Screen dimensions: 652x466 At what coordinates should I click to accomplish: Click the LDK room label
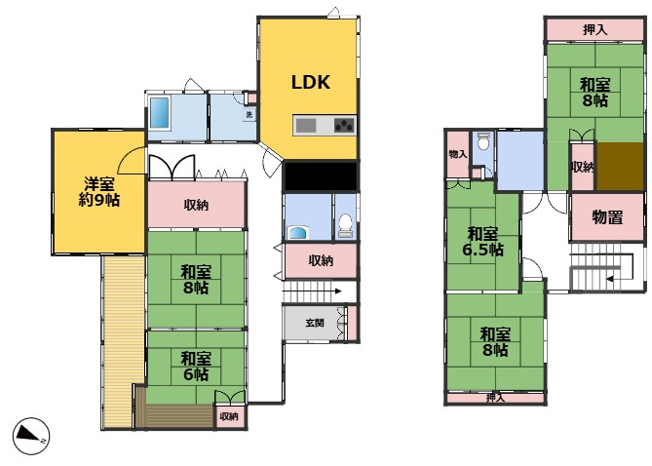(x=311, y=83)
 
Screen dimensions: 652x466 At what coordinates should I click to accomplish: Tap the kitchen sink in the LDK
(x=306, y=125)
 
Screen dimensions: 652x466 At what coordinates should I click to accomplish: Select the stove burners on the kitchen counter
(x=344, y=125)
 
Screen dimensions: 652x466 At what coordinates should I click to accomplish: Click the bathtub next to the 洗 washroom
(x=160, y=113)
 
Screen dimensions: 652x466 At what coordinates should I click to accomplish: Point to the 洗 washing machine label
(x=249, y=114)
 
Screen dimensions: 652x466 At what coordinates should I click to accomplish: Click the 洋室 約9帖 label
(x=99, y=192)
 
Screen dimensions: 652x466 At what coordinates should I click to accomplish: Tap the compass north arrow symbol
(x=31, y=436)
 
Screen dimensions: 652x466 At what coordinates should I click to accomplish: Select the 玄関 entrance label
(x=315, y=323)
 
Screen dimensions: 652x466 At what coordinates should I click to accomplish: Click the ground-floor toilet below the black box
(x=346, y=225)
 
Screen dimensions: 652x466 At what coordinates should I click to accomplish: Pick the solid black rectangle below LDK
(x=321, y=176)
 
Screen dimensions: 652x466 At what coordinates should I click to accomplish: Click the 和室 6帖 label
(x=196, y=367)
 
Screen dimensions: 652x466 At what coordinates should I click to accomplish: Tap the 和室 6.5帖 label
(x=482, y=242)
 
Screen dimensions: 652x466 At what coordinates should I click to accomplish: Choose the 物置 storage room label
(x=607, y=217)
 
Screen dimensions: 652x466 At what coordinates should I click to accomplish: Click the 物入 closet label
(x=458, y=154)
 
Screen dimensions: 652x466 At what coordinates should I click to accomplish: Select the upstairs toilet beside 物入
(x=482, y=141)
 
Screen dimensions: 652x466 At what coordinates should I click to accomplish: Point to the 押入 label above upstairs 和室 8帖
(x=595, y=30)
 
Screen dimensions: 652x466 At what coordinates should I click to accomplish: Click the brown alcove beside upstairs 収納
(x=621, y=167)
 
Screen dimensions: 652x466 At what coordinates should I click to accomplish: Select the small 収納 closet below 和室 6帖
(x=229, y=416)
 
